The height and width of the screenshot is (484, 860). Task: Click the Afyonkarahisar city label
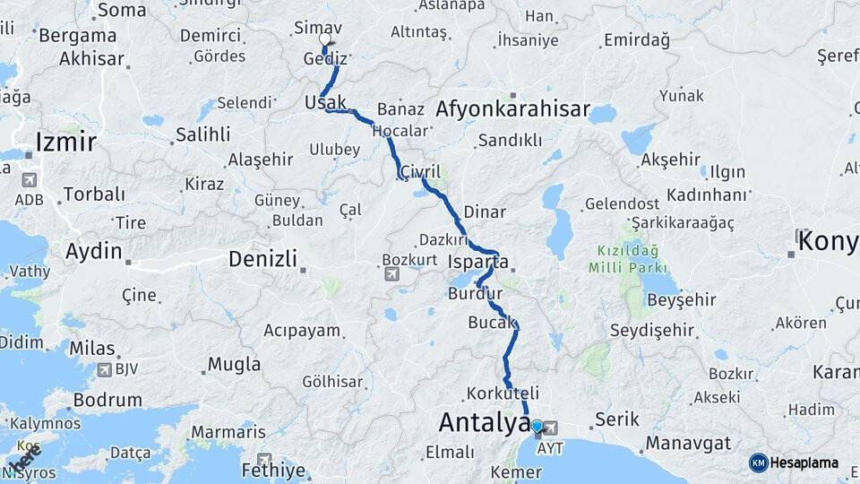pos(512,110)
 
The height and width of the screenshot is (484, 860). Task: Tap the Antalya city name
pos(485,422)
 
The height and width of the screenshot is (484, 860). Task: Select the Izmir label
pos(65,142)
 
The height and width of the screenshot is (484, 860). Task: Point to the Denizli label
pos(262,259)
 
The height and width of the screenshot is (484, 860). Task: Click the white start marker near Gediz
pos(325,40)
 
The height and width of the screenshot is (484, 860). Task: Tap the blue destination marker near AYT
pos(537,428)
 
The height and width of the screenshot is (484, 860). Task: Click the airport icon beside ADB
pos(30,179)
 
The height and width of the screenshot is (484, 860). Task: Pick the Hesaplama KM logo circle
pos(759,462)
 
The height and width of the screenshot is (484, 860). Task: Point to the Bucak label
pos(492,322)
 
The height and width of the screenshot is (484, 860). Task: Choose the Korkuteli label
pos(503,393)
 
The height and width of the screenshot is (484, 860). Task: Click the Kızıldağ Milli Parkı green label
pos(627,260)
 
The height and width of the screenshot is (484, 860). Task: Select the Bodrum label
pos(107,400)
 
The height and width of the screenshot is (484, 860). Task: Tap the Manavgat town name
pos(688,443)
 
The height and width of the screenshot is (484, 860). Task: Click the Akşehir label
pos(671,160)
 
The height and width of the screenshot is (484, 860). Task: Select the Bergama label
pos(77,36)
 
